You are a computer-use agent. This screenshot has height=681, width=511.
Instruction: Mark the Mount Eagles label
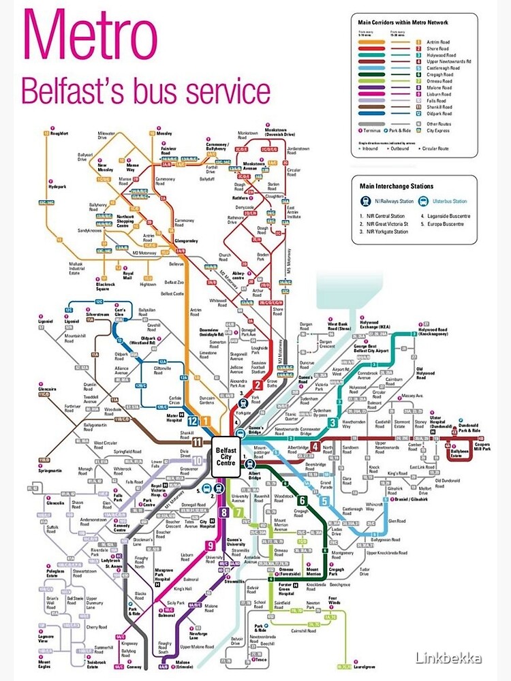pos(45,663)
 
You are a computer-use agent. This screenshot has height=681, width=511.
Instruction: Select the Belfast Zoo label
pos(174,282)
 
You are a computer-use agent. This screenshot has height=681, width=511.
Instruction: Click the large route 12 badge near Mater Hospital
pos(192,422)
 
